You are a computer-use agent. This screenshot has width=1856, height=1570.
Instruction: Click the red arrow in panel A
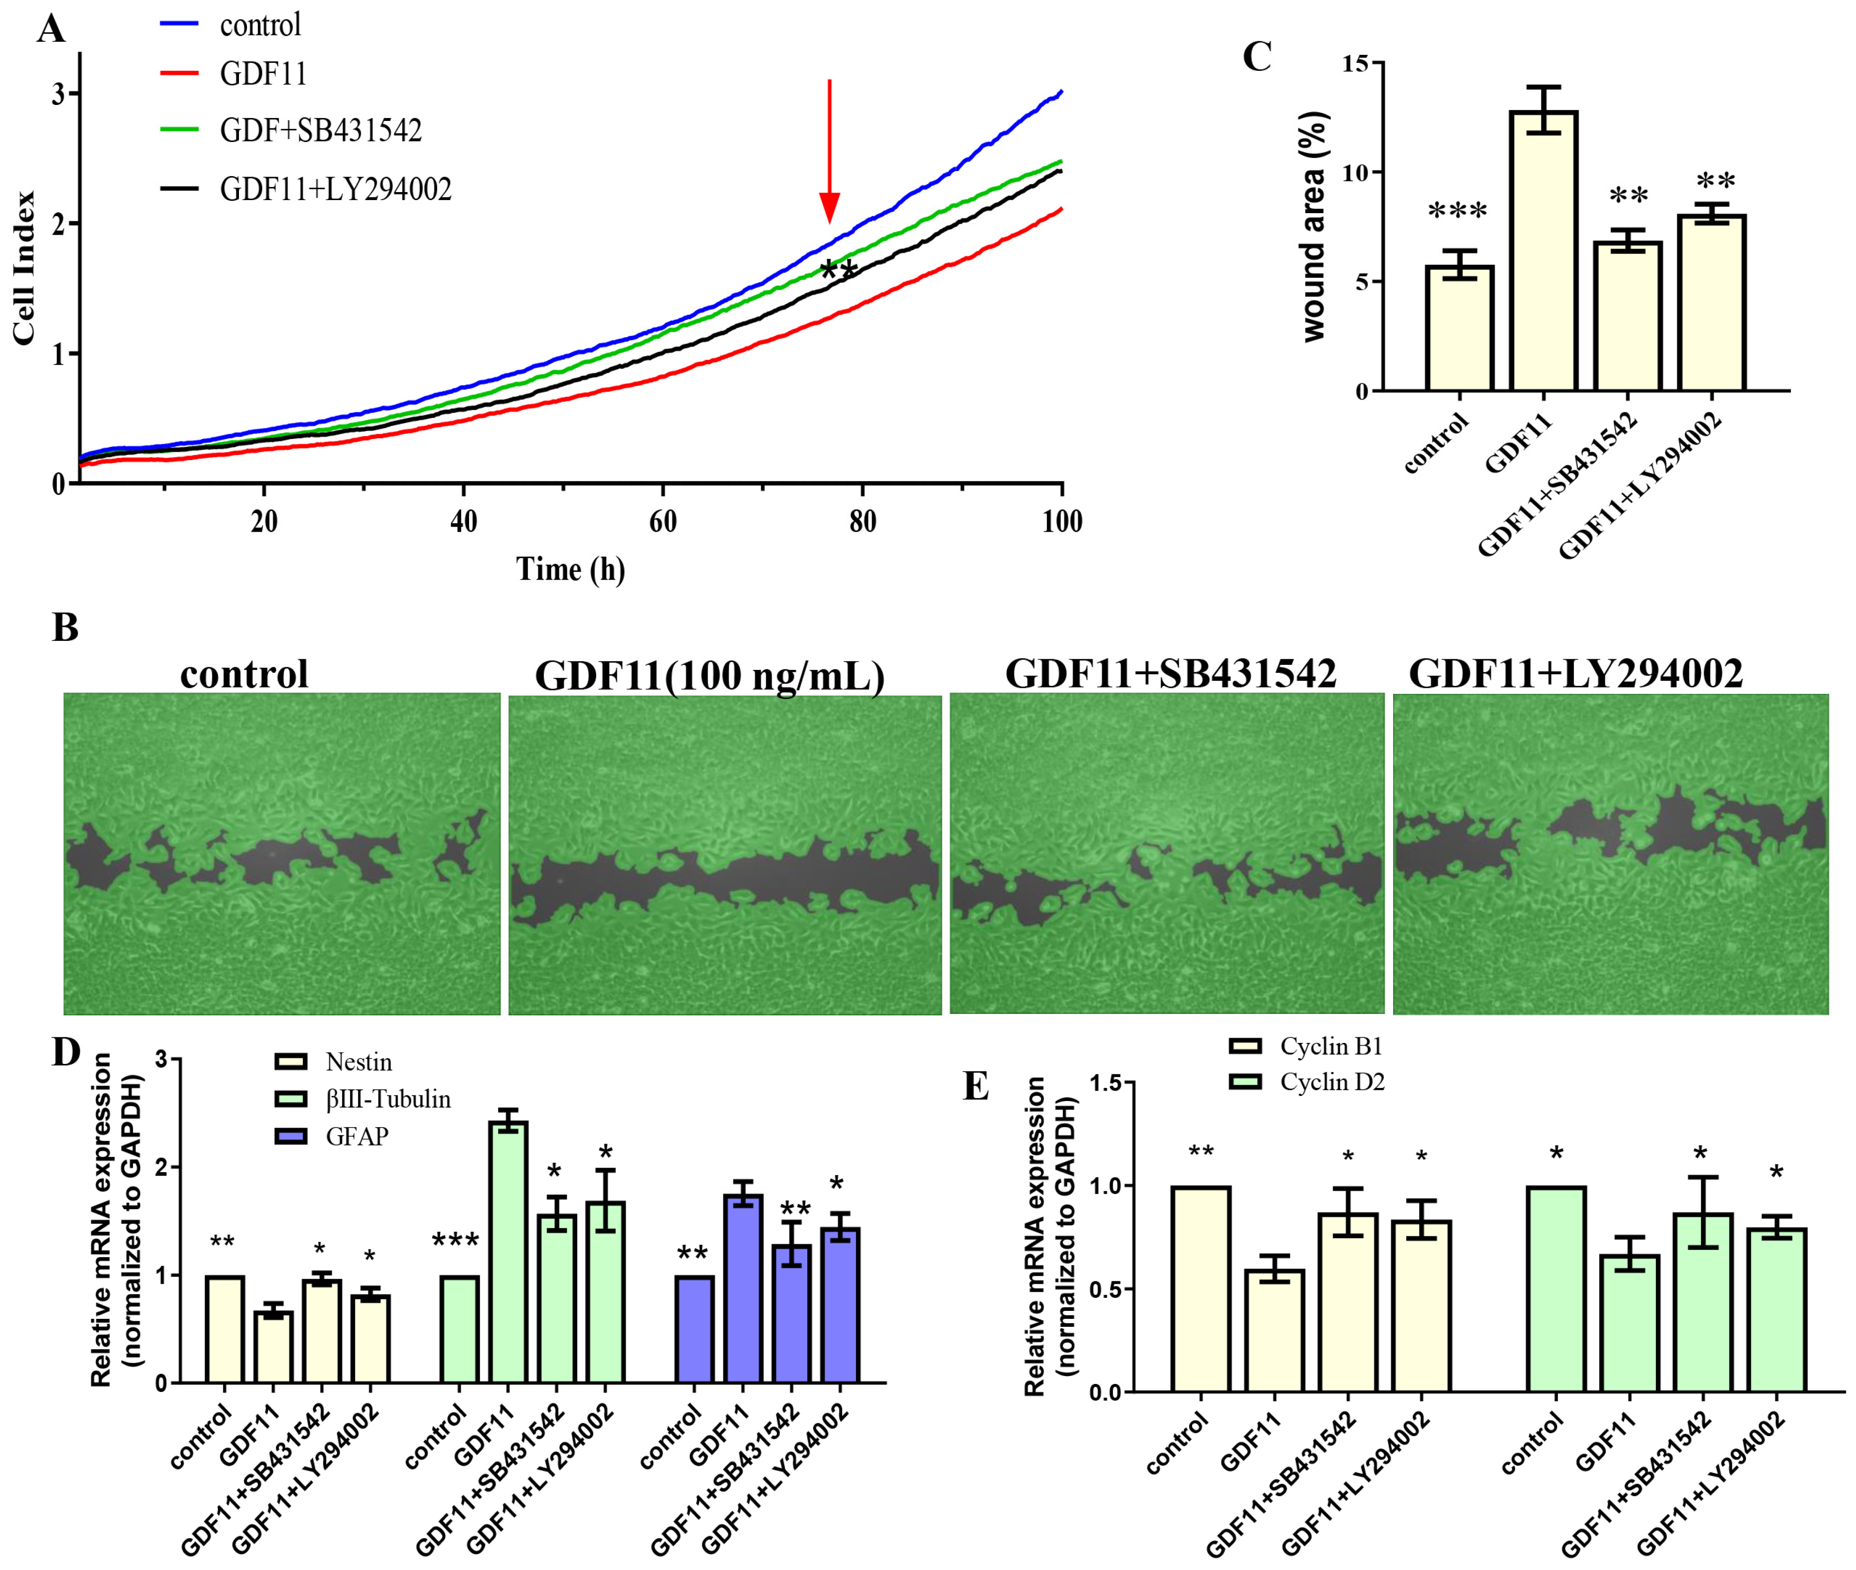829,151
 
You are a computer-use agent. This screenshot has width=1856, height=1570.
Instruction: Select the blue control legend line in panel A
179,24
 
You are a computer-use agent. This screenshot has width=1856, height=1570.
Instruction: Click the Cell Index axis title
24,267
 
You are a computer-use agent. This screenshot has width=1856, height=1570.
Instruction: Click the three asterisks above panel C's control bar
1457,212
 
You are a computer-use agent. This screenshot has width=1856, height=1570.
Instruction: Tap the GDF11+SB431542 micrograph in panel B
1166,853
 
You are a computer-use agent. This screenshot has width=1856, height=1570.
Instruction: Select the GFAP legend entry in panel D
356,1137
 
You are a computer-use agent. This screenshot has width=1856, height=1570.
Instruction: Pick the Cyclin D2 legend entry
1331,1082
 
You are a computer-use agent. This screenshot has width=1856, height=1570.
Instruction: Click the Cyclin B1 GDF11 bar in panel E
1274,1330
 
